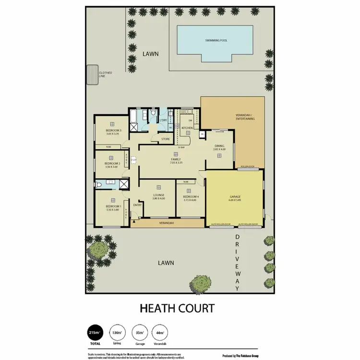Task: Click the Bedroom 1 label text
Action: point(113,206)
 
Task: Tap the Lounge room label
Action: point(159,195)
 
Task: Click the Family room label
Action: point(176,159)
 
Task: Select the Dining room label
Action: point(219,147)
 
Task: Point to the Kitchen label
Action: point(187,128)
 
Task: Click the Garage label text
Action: point(235,197)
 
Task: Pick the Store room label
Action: point(165,139)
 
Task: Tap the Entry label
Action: point(137,205)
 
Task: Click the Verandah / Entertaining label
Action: point(245,117)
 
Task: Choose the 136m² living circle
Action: point(116,332)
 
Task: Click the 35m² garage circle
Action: point(140,332)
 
